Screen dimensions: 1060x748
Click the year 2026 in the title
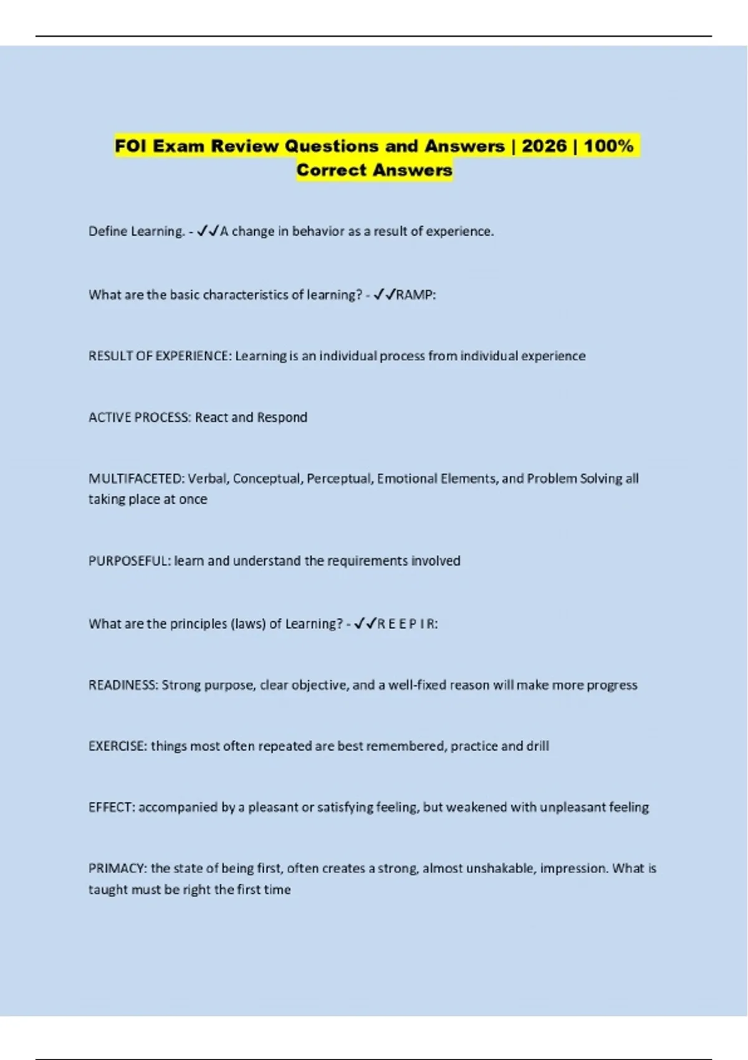click(x=544, y=146)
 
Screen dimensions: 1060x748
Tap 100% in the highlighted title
click(x=608, y=146)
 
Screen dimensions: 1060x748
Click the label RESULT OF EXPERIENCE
click(x=160, y=356)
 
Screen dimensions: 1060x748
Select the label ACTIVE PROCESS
click(x=140, y=417)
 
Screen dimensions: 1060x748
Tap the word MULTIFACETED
click(x=136, y=478)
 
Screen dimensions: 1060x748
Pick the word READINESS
click(x=123, y=685)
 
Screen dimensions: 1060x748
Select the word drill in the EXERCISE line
click(x=537, y=746)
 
